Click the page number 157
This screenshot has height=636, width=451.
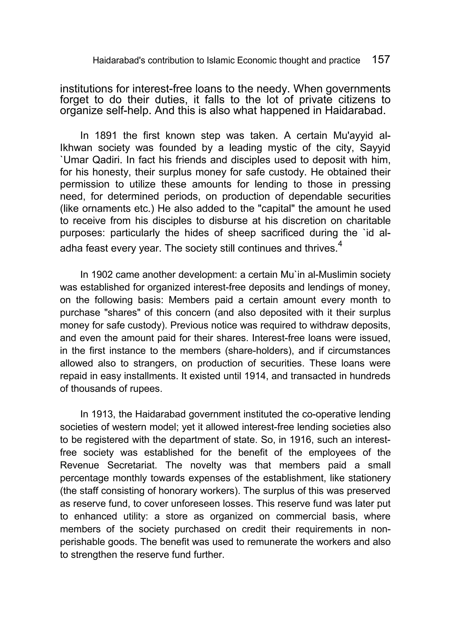point(381,59)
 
